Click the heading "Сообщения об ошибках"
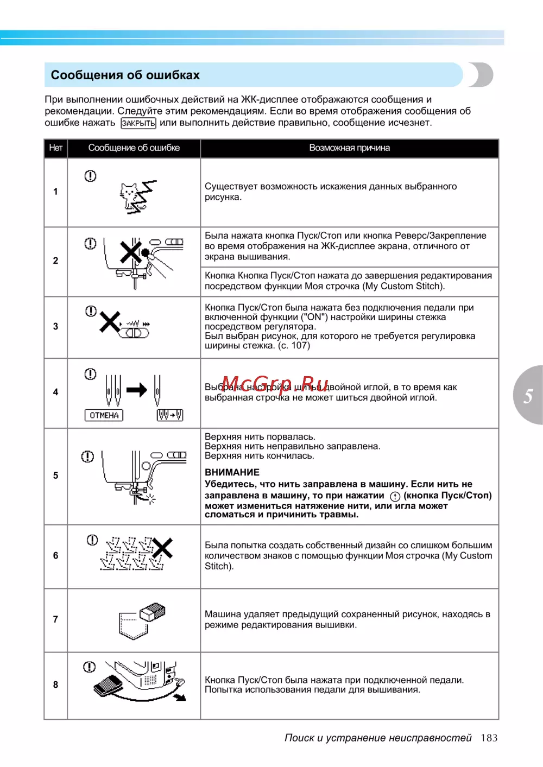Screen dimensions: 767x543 point(125,75)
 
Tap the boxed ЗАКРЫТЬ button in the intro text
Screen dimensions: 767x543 point(138,123)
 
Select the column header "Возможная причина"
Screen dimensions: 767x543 point(349,148)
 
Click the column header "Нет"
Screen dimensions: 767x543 point(55,148)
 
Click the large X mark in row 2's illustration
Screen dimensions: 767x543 point(130,251)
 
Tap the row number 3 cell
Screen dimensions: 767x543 point(55,326)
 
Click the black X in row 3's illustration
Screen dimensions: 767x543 point(110,322)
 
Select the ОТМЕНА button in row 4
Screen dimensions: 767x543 point(104,415)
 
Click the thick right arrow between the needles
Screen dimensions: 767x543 point(137,390)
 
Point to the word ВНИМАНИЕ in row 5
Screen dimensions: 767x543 point(232,472)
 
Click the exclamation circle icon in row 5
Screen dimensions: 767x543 point(87,457)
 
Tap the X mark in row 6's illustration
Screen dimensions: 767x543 point(162,548)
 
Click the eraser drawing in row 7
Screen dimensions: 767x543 point(152,612)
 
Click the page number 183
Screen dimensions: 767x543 point(489,738)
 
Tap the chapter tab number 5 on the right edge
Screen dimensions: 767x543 point(528,396)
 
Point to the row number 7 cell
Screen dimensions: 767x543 point(55,619)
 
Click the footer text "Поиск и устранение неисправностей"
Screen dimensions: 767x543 point(378,738)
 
